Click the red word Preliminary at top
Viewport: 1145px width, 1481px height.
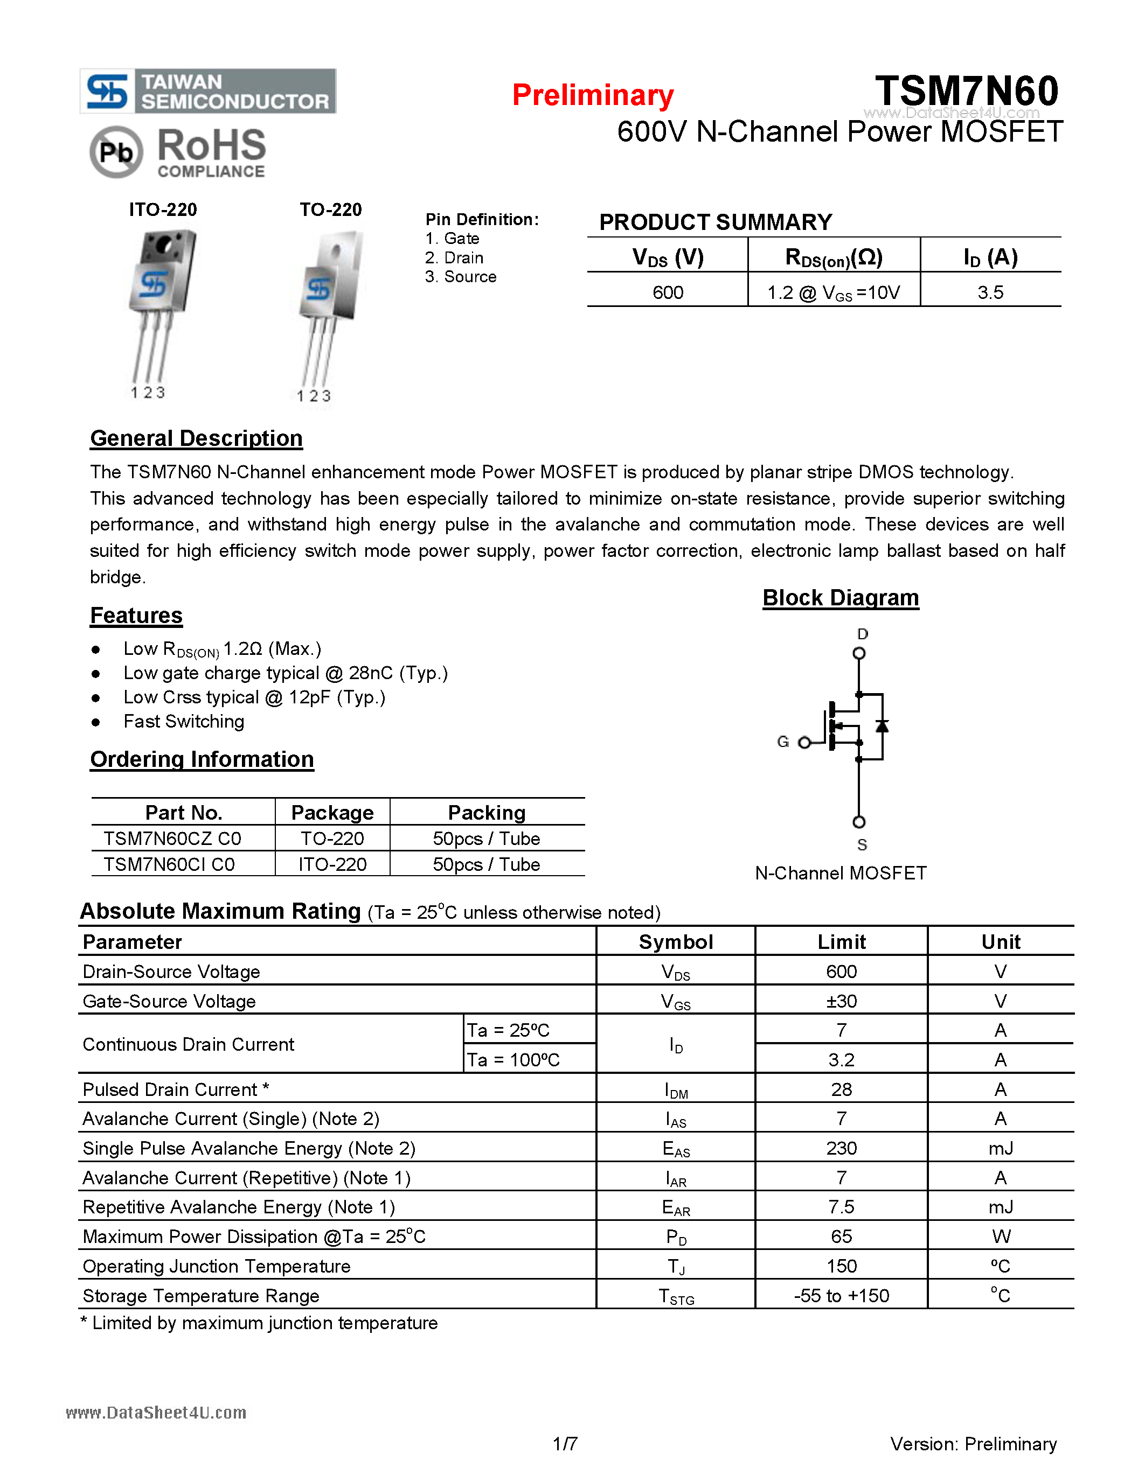[x=592, y=96]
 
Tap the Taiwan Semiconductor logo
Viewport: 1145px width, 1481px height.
[x=208, y=91]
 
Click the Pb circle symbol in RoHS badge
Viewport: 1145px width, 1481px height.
[x=116, y=152]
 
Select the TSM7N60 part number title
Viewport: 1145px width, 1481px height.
[x=966, y=91]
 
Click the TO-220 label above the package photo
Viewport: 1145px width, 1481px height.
[x=330, y=209]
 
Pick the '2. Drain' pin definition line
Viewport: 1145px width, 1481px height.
[x=454, y=257]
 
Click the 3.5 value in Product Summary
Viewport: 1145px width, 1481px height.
[x=990, y=292]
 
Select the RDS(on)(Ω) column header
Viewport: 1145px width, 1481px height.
[x=833, y=257]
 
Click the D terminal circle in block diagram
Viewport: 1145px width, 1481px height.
[x=859, y=653]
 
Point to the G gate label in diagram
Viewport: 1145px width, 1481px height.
[x=783, y=742]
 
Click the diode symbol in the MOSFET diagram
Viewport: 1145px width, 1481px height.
[x=882, y=726]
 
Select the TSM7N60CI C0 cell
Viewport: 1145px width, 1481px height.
[x=170, y=864]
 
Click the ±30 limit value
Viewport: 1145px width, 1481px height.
[x=841, y=1001]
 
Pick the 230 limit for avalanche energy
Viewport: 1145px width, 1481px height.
[x=841, y=1148]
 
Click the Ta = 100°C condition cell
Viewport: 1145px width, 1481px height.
[x=513, y=1059]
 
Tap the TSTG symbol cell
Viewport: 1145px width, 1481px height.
[x=676, y=1296]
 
